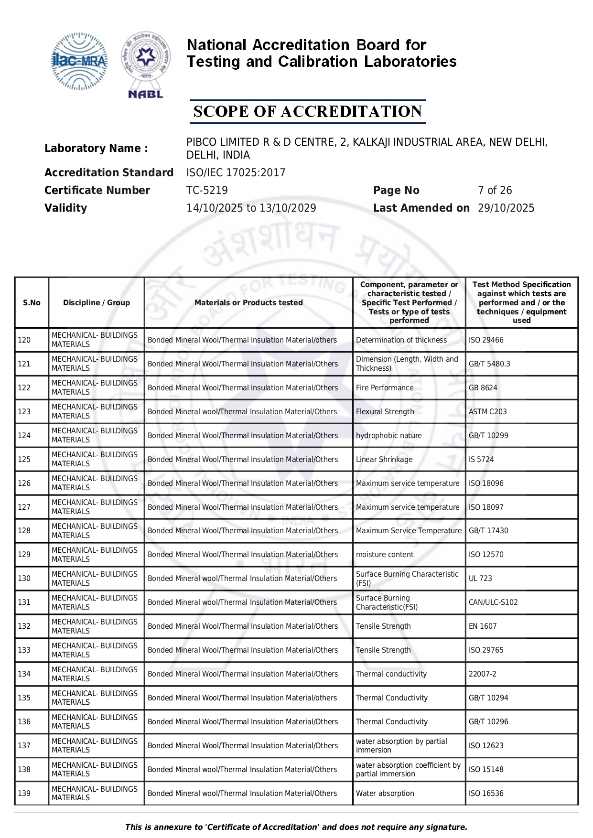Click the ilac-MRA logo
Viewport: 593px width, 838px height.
[x=79, y=61]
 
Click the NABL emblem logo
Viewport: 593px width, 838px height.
[x=146, y=64]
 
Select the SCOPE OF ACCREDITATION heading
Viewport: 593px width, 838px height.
[x=307, y=111]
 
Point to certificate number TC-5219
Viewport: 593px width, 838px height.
[x=207, y=190]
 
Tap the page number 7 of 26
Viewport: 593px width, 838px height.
[x=495, y=190]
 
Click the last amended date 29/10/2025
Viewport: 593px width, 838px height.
[x=506, y=208]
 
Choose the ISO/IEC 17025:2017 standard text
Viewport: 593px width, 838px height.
[x=236, y=172]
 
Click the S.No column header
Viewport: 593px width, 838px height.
[x=32, y=302]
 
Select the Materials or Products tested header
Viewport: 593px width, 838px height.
[x=248, y=302]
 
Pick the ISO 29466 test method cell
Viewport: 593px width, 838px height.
[x=486, y=340]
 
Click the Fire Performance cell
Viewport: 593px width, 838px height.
[x=385, y=387]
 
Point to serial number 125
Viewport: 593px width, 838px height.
[x=24, y=459]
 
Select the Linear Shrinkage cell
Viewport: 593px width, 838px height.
[x=384, y=459]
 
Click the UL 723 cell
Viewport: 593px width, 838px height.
[x=480, y=578]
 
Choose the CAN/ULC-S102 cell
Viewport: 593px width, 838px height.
[x=493, y=602]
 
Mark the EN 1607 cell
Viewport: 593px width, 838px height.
[x=483, y=626]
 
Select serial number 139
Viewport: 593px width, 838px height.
[x=24, y=793]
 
